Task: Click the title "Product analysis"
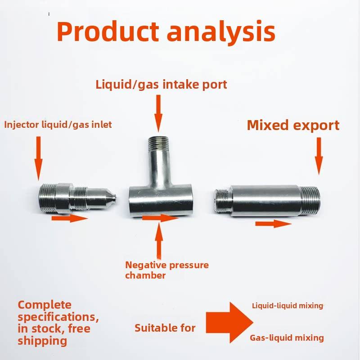166,31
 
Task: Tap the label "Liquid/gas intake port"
161,85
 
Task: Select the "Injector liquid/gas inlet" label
58,125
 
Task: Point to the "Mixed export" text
293,126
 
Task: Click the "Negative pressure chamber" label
167,270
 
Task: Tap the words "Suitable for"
165,328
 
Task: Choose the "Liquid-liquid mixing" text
288,306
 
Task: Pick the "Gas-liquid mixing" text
287,338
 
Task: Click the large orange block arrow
229,322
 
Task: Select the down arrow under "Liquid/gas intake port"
158,113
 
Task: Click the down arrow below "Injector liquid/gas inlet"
38,158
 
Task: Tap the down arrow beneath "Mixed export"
319,156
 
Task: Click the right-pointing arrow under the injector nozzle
70,218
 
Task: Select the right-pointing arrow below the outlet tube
273,224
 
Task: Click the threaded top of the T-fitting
158,143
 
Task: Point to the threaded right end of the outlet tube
310,201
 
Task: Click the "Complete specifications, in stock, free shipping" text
58,323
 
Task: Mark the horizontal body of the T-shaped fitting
160,201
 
